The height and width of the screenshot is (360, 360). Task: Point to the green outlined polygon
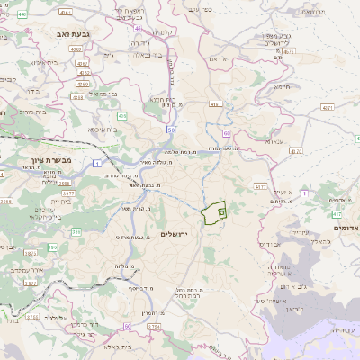[x=213, y=213]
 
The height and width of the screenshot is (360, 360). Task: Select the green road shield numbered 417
[x=336, y=215]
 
